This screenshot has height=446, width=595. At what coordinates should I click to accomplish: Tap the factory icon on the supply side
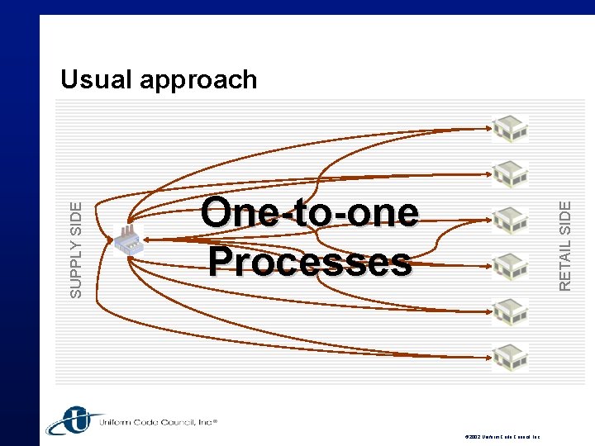tap(127, 240)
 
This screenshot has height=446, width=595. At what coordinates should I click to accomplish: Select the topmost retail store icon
tap(510, 129)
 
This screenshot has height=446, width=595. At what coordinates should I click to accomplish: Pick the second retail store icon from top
tap(510, 174)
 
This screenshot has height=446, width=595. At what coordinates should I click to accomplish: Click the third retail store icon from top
tap(510, 220)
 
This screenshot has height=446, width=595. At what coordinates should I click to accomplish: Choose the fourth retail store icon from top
tap(510, 266)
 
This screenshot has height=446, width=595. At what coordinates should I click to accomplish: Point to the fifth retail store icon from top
tap(510, 311)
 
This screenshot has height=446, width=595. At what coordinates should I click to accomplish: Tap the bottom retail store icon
tap(510, 357)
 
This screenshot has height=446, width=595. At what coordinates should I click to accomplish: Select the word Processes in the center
tap(309, 263)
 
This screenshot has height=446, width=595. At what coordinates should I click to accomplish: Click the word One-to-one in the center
tap(309, 213)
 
